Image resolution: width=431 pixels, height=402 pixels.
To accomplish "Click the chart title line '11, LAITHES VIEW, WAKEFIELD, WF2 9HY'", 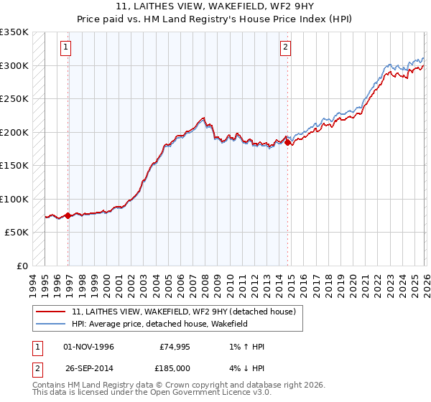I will pyautogui.click(x=215, y=7).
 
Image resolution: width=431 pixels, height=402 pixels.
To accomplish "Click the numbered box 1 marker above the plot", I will pyautogui.click(x=65, y=47).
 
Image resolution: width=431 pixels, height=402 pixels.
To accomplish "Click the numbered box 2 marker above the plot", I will pyautogui.click(x=285, y=47).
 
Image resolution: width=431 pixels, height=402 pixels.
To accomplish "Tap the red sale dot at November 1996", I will pyautogui.click(x=68, y=215).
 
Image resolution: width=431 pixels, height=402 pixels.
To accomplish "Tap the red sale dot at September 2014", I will pyautogui.click(x=288, y=143).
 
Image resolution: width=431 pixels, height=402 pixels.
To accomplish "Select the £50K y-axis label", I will pyautogui.click(x=17, y=233).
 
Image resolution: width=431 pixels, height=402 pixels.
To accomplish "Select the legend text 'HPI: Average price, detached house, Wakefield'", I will pyautogui.click(x=159, y=324).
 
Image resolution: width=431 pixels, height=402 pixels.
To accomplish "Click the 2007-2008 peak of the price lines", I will pyautogui.click(x=203, y=118).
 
